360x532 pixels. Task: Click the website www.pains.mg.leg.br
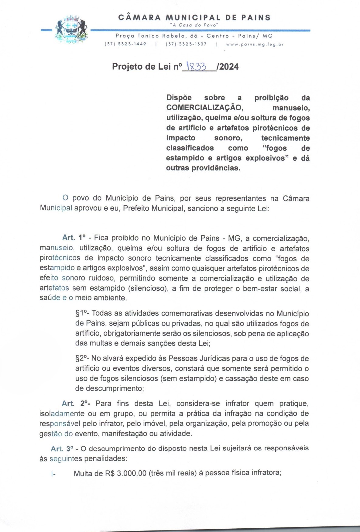[255, 44]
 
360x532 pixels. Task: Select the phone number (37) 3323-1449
[125, 44]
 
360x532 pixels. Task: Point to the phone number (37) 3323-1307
[186, 44]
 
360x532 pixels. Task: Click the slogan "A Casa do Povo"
[194, 25]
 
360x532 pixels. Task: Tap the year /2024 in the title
[228, 67]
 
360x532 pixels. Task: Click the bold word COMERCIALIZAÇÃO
[204, 108]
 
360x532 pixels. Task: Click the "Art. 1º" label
[74, 238]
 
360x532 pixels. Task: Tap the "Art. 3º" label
[62, 448]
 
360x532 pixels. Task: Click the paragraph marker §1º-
[82, 314]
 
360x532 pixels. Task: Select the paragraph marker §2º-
[82, 359]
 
